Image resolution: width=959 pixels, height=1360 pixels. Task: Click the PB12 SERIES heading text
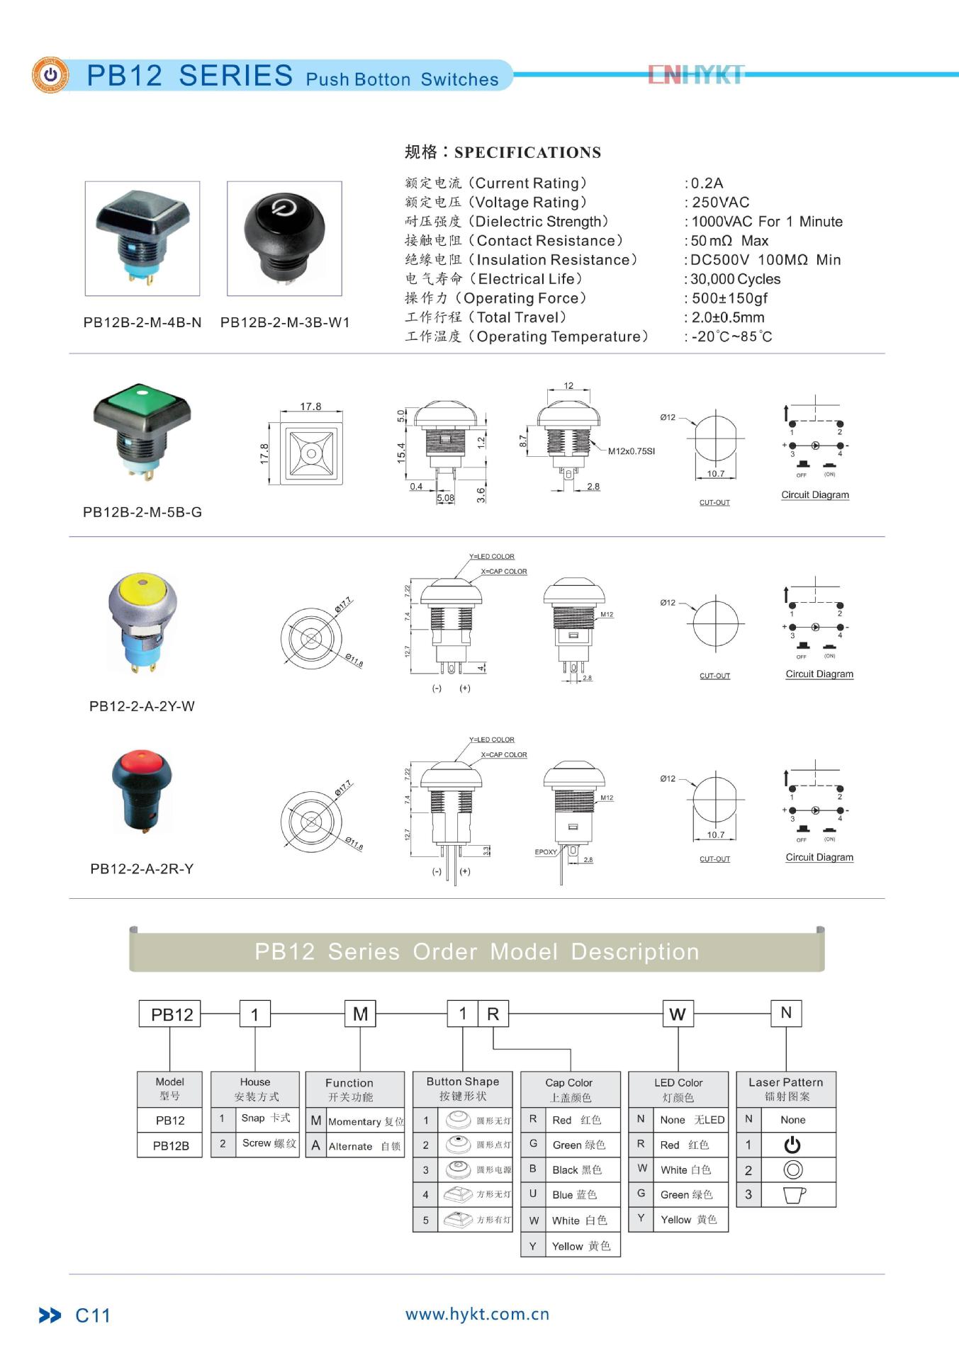(x=189, y=76)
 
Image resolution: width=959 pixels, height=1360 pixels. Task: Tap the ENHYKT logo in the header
(x=696, y=74)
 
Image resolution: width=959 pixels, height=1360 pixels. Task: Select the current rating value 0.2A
(x=707, y=183)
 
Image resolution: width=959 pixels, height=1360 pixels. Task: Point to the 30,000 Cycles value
(x=735, y=279)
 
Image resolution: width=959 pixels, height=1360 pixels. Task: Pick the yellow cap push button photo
(x=142, y=623)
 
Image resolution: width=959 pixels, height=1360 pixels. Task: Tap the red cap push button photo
(x=142, y=790)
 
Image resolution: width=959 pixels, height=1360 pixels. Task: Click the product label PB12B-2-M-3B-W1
(x=285, y=323)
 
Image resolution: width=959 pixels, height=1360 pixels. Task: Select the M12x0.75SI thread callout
(x=631, y=451)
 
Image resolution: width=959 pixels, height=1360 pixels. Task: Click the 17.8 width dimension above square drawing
(x=310, y=407)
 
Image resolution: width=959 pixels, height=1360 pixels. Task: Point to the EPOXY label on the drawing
(x=545, y=852)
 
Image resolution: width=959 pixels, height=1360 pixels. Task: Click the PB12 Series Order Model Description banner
(x=476, y=951)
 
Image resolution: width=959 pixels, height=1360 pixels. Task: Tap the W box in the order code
(x=678, y=1014)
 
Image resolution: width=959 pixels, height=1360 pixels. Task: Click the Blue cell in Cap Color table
(x=574, y=1195)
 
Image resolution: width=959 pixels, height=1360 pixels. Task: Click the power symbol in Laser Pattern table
(x=792, y=1145)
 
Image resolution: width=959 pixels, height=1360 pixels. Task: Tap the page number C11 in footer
(x=93, y=1316)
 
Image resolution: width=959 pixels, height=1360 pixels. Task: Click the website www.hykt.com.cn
(x=477, y=1315)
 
